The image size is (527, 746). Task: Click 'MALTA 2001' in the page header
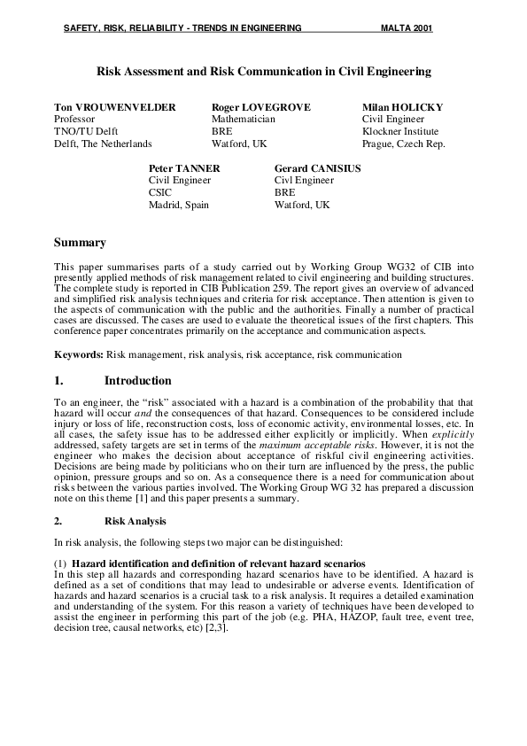(407, 28)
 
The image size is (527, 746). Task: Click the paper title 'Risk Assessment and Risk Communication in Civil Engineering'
(263, 70)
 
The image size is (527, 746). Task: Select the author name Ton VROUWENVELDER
(115, 107)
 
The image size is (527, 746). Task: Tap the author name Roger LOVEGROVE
(260, 107)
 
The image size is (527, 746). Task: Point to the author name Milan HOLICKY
(402, 107)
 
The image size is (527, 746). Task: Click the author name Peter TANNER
(184, 167)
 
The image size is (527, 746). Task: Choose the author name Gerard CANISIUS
(317, 167)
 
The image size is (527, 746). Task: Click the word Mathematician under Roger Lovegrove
(243, 119)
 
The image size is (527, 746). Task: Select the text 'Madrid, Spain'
(176, 204)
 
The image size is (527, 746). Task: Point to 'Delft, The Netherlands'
(103, 144)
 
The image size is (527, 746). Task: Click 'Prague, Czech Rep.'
(403, 144)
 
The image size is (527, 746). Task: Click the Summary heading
(80, 243)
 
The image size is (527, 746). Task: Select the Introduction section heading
(137, 381)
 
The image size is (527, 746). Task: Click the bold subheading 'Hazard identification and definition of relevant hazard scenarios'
(218, 564)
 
